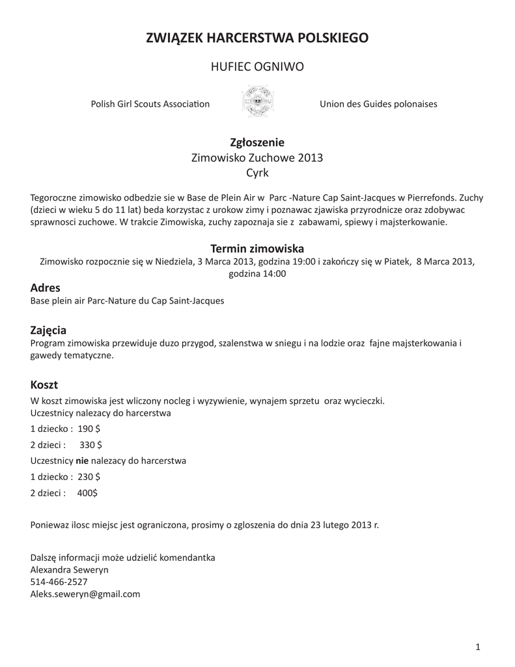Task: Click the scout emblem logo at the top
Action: pos(257,102)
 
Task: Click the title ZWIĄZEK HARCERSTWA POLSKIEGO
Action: pos(257,38)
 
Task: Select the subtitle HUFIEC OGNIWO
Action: pos(257,67)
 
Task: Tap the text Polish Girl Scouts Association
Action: pos(150,104)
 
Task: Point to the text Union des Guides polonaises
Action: pos(378,104)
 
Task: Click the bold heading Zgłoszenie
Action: pos(257,142)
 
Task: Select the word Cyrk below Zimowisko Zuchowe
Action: pos(257,173)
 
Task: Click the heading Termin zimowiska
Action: pos(257,248)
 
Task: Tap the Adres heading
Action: pos(46,288)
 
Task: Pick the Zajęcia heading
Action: pos(49,330)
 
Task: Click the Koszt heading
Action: pos(44,385)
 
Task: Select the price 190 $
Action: pos(89,429)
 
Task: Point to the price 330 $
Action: pos(90,445)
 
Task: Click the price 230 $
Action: pos(89,477)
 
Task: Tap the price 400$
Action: pos(87,493)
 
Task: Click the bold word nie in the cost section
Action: pos(82,461)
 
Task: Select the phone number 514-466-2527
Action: pos(59,582)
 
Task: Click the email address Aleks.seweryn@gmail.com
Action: pos(85,594)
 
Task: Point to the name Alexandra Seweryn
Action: pos(70,570)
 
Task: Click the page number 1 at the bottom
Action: pos(477,646)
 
